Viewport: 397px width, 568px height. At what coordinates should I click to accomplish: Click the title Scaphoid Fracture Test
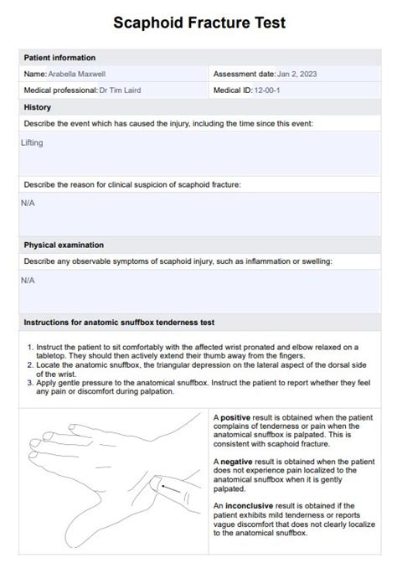point(198,23)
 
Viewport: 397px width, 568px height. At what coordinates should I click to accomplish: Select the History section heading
point(38,107)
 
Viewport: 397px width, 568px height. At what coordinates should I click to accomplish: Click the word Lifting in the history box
point(32,143)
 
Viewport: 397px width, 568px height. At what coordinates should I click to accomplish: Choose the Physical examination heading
point(64,245)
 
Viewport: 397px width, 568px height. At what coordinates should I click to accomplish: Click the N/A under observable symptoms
point(28,281)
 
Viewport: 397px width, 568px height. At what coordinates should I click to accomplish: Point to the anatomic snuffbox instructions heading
point(120,322)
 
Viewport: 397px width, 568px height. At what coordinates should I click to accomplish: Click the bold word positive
point(235,416)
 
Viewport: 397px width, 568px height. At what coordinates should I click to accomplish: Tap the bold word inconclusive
point(246,506)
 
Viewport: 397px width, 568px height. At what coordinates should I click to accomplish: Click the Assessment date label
point(244,74)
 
